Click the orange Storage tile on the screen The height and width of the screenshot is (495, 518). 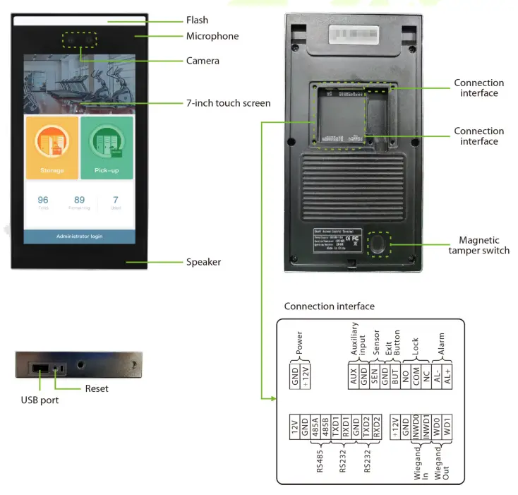pos(52,148)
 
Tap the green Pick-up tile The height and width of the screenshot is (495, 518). pos(106,148)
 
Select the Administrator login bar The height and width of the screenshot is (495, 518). pos(79,236)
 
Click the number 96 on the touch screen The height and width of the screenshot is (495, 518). pos(43,200)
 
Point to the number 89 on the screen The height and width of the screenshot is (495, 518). pos(79,200)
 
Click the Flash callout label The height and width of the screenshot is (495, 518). pos(197,20)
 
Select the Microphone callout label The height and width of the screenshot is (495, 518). pos(212,36)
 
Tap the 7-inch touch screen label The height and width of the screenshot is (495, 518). pos(228,103)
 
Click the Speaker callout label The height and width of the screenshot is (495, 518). pos(203,262)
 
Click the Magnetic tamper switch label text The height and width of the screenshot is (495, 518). pos(479,246)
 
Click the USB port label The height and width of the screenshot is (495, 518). pos(40,400)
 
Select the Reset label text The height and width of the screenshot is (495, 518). pos(97,388)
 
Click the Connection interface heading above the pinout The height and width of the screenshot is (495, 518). pos(329,306)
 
